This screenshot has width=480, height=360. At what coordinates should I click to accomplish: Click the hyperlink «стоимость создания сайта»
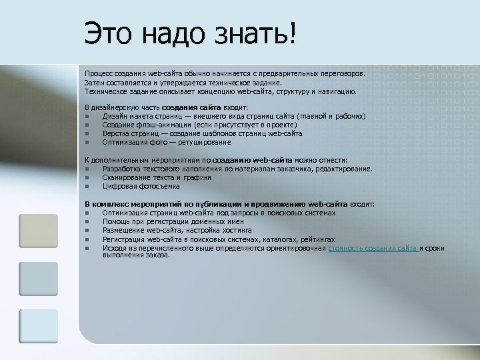[373, 248]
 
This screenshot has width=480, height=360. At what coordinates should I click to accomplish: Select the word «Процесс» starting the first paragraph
[99, 72]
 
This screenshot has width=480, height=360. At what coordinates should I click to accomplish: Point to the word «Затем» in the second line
[95, 81]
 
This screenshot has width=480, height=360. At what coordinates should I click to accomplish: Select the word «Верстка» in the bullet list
[117, 133]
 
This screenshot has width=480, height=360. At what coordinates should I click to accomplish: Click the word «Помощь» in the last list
[116, 221]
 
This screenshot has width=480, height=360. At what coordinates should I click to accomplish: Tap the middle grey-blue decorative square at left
[38, 278]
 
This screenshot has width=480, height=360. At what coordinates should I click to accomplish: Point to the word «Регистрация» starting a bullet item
[123, 239]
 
